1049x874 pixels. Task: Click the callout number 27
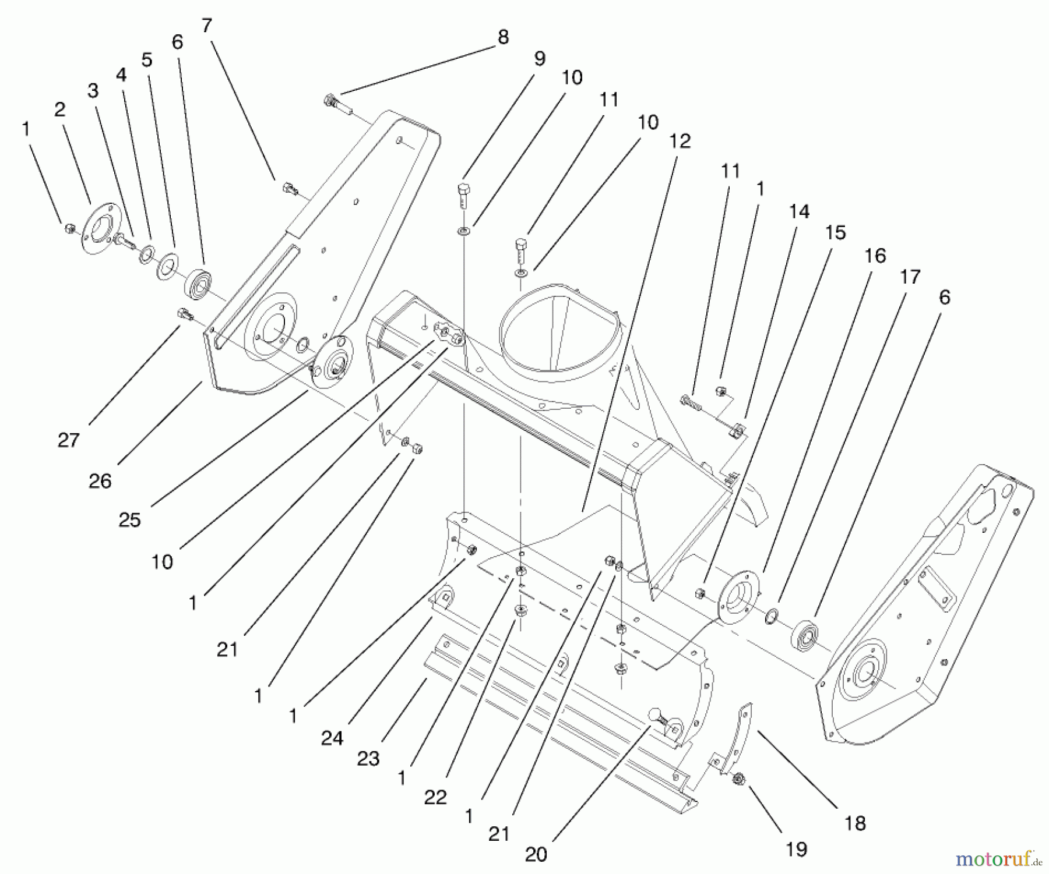pyautogui.click(x=68, y=440)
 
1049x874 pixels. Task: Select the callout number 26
pyautogui.click(x=100, y=481)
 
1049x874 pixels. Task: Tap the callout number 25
pyautogui.click(x=129, y=519)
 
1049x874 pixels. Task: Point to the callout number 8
pyautogui.click(x=503, y=37)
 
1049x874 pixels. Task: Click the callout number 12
pyautogui.click(x=680, y=141)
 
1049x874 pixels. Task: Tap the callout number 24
pyautogui.click(x=332, y=738)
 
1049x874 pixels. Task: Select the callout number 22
pyautogui.click(x=435, y=797)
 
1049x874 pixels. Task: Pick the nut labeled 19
pyautogui.click(x=738, y=778)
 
